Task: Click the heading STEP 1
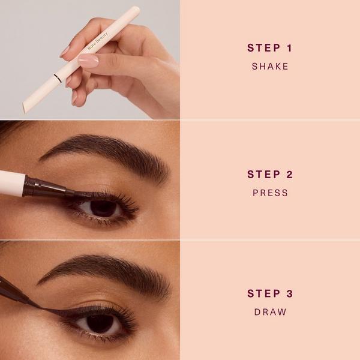[269, 48]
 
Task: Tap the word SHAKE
[270, 67]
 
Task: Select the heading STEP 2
[270, 175]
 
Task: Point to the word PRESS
[270, 193]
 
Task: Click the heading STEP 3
[270, 293]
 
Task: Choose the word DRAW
[270, 312]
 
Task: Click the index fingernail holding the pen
[88, 61]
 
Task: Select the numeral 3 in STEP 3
[290, 293]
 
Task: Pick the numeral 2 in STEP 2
[290, 175]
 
